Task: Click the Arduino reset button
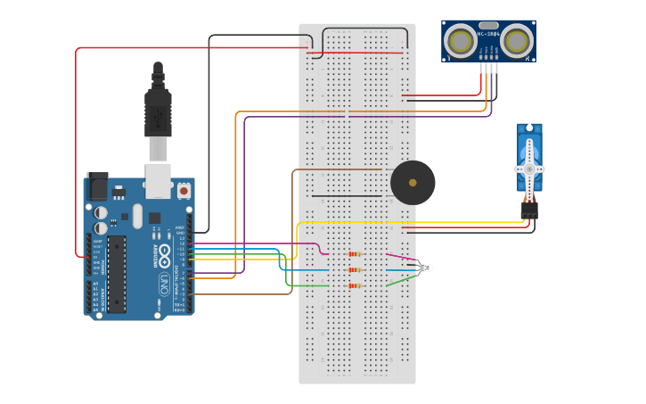[184, 190]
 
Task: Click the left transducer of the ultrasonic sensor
[461, 41]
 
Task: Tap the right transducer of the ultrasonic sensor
[516, 41]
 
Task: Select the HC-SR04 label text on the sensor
[487, 34]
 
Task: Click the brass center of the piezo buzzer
[413, 183]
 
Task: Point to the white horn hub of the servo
[529, 169]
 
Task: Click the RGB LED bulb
[427, 268]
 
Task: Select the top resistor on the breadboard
[355, 254]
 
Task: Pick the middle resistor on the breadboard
[355, 269]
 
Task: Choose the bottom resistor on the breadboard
[355, 286]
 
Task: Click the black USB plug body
[158, 111]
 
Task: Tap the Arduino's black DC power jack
[97, 186]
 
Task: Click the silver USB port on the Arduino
[159, 180]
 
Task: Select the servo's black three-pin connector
[529, 210]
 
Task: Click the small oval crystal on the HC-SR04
[488, 25]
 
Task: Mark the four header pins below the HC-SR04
[487, 67]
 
